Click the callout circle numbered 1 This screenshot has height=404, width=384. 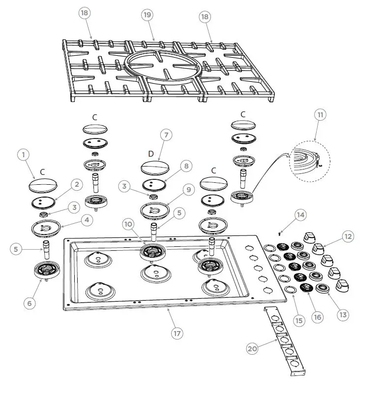tap(23, 155)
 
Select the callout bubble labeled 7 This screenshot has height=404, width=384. tap(167, 135)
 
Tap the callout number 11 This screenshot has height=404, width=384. tap(320, 115)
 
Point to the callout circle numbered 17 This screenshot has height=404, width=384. tap(177, 333)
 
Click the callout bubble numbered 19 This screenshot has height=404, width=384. tap(148, 15)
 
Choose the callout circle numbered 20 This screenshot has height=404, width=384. tap(252, 348)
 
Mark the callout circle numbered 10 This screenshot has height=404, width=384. tap(128, 224)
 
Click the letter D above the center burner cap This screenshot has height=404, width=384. tap(151, 154)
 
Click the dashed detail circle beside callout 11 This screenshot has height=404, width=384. tap(309, 160)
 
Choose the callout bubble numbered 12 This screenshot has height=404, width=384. tap(348, 236)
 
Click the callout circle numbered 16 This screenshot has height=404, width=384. tap(318, 317)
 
